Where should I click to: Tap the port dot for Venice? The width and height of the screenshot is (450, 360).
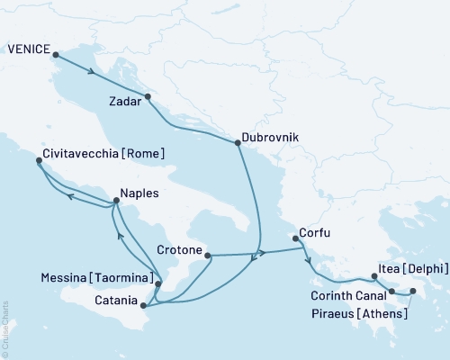pos(56,55)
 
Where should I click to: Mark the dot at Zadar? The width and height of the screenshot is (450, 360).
pos(148,96)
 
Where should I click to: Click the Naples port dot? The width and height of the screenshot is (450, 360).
pos(116,201)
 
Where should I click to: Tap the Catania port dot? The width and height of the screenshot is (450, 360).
pos(144,306)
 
